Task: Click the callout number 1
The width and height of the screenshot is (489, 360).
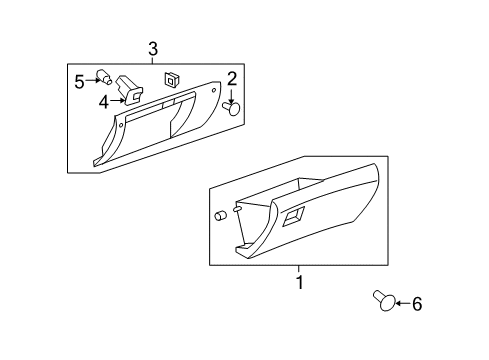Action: click(298, 283)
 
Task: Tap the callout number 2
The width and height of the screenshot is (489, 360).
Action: click(232, 79)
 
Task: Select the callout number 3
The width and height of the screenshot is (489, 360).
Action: click(153, 48)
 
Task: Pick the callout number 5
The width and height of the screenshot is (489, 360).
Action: click(79, 81)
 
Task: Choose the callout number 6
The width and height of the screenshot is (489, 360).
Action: click(418, 304)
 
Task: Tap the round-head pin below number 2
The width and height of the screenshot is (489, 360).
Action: click(234, 108)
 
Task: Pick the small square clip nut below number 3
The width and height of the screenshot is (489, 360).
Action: click(172, 77)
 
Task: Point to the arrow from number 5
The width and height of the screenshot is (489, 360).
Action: click(93, 79)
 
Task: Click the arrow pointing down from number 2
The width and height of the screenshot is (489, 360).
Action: click(232, 95)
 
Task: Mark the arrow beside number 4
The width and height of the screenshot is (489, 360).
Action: click(117, 99)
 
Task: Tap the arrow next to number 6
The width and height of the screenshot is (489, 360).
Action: click(400, 302)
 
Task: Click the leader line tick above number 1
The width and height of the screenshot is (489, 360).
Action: click(298, 269)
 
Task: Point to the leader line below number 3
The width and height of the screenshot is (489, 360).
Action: click(153, 63)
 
